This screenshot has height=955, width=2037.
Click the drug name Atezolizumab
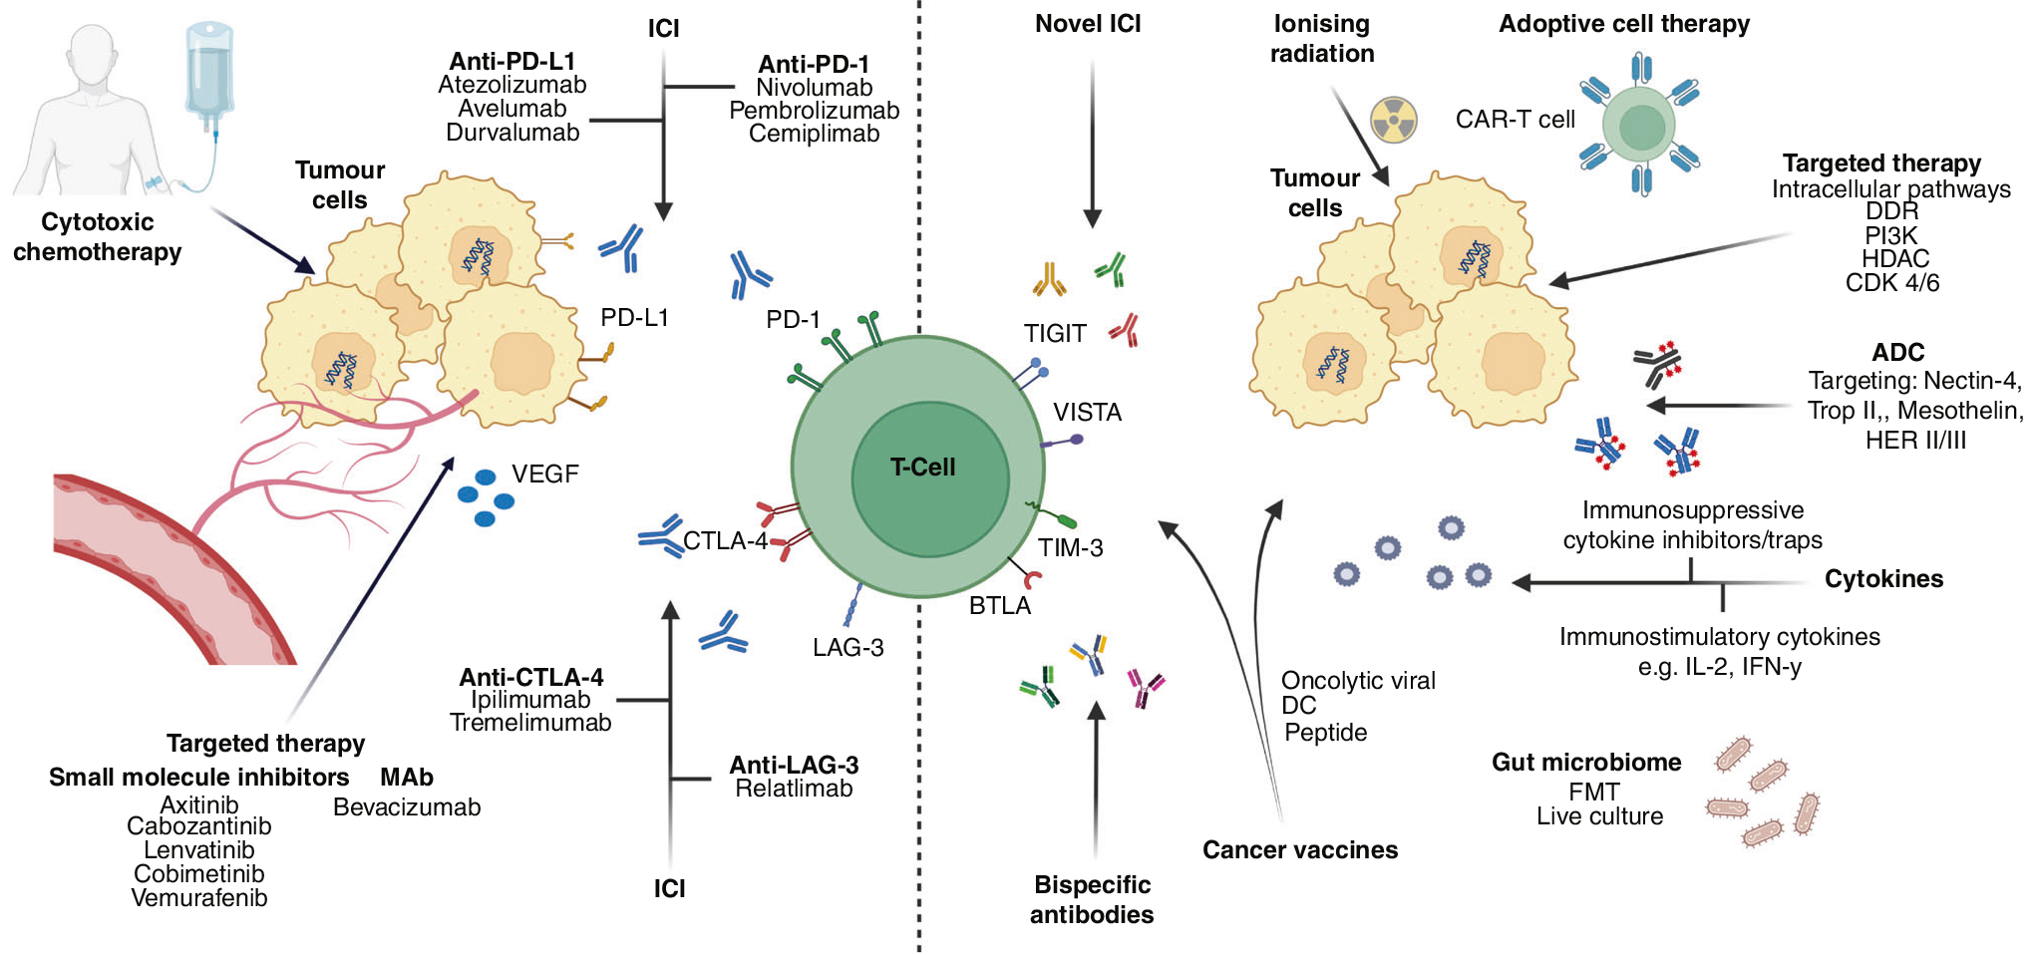pos(511,86)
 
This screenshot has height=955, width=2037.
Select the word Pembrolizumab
pos(814,111)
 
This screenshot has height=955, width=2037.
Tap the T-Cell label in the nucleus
pos(922,468)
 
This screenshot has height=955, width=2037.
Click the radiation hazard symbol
pos(1393,120)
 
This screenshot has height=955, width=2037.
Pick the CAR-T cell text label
pos(1515,120)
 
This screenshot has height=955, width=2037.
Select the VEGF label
pos(544,475)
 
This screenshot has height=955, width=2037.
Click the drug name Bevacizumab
pos(407,807)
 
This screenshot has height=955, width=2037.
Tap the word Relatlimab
pos(794,789)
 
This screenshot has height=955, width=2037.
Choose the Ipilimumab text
pos(530,700)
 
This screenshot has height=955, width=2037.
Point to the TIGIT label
pos(1055,334)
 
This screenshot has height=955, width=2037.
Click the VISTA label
pos(1087,413)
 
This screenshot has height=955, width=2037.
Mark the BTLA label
pos(1000,606)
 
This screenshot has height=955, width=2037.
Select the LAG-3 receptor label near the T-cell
pos(848,648)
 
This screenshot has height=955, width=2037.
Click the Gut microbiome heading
pos(1585,763)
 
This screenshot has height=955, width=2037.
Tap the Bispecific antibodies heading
pos(1092,899)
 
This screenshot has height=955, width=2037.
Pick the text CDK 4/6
pos(1891,283)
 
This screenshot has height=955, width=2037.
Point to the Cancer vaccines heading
pos(1299,850)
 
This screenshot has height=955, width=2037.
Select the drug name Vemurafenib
pos(199,898)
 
